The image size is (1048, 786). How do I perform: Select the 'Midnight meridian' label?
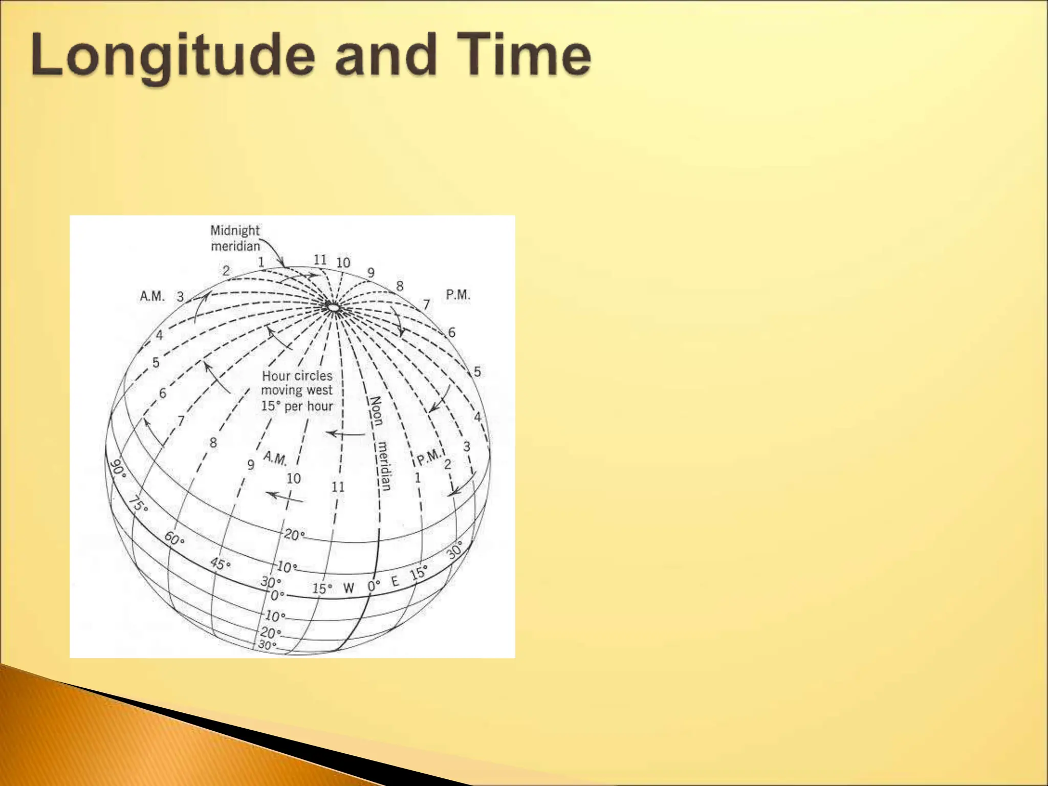[235, 238]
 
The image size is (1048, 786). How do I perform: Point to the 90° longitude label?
[118, 468]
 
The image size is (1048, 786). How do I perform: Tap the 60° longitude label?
[174, 538]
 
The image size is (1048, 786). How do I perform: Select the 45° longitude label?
[221, 564]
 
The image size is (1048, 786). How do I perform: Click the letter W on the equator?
[348, 588]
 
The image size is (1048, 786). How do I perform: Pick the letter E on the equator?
[395, 581]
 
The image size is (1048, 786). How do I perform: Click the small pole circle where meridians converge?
[333, 307]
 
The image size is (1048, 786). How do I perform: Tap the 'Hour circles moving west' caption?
[297, 390]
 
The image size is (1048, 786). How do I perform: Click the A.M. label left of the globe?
[152, 296]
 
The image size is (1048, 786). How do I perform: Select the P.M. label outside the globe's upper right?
[457, 295]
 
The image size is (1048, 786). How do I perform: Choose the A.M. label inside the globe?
[275, 458]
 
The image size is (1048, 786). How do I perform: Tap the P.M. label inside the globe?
[428, 456]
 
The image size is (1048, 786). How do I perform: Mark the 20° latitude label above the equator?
[294, 535]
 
